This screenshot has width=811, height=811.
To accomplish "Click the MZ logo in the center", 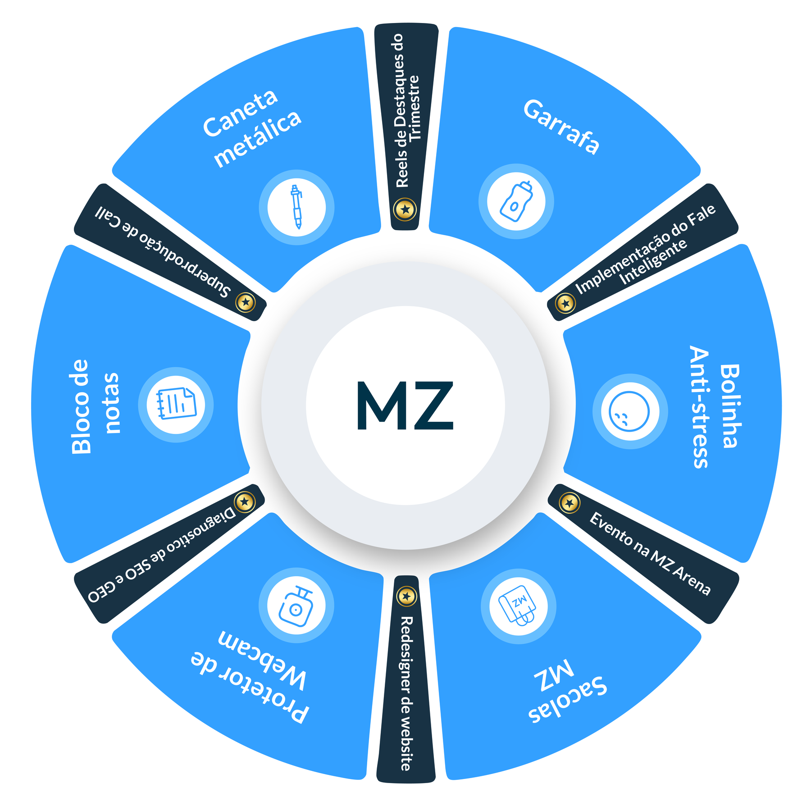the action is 405,405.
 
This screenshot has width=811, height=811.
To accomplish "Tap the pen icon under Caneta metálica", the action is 296,207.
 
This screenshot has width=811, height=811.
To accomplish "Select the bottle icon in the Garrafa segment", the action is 516,201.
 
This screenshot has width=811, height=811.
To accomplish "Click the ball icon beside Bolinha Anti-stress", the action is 629,411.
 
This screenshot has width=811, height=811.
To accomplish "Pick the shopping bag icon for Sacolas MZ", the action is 518,605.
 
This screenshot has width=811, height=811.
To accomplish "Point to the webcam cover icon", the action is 296,606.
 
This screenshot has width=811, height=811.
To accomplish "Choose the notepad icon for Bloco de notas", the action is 176,404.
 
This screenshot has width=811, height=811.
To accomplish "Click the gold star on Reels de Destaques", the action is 405,209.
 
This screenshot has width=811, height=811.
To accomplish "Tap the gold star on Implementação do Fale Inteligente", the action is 565,303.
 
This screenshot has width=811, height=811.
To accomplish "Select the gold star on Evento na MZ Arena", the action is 570,502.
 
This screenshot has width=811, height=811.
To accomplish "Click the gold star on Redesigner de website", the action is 407,597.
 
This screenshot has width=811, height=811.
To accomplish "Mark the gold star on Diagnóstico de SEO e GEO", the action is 245,501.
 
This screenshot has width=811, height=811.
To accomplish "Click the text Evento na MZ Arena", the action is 650,553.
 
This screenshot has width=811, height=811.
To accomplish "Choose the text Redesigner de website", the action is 406,693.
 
